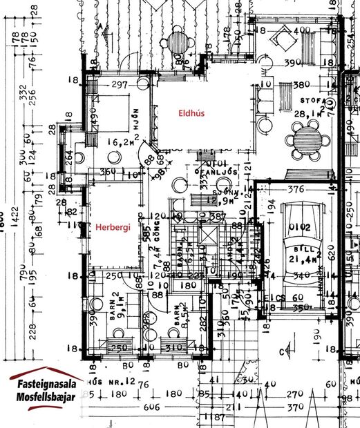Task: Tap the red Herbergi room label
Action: [112, 226]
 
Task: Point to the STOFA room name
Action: [307, 101]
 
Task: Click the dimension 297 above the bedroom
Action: [120, 85]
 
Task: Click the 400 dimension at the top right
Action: [304, 30]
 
